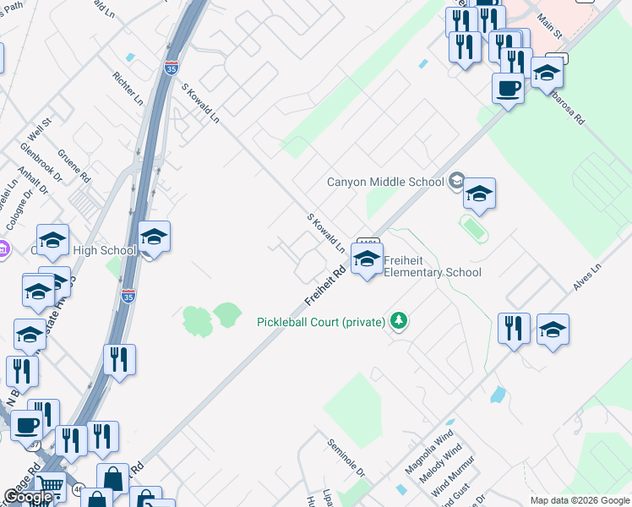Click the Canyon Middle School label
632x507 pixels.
pos(385,182)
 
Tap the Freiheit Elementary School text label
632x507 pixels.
pos(433,266)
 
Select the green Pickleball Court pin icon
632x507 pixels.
pos(398,321)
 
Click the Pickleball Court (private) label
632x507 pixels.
pos(321,322)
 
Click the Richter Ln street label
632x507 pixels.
pos(128,88)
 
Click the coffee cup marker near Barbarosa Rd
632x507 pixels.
pos(508,88)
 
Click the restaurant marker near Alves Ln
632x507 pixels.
pos(514,328)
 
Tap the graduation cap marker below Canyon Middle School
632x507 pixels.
pos(479,194)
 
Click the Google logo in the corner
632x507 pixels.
pos(28,498)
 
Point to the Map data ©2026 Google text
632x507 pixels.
pos(579,500)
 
